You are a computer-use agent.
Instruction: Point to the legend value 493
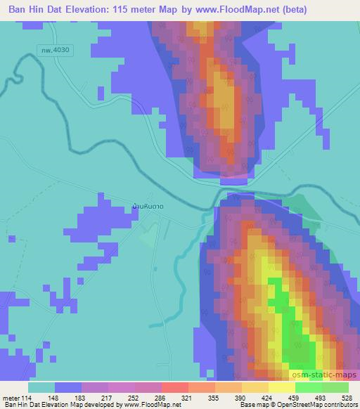pyautogui.click(x=321, y=397)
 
